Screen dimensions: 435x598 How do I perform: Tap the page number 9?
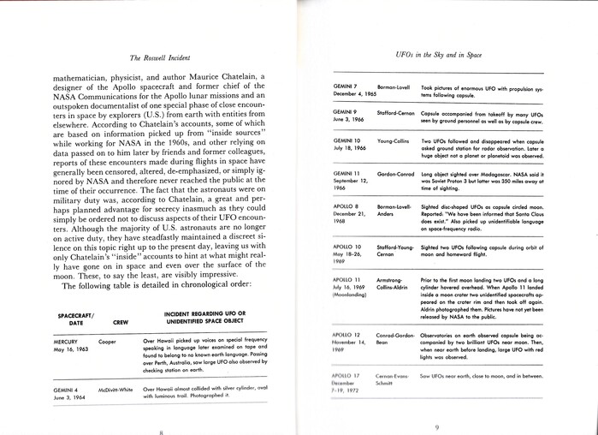pyautogui.click(x=436, y=426)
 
